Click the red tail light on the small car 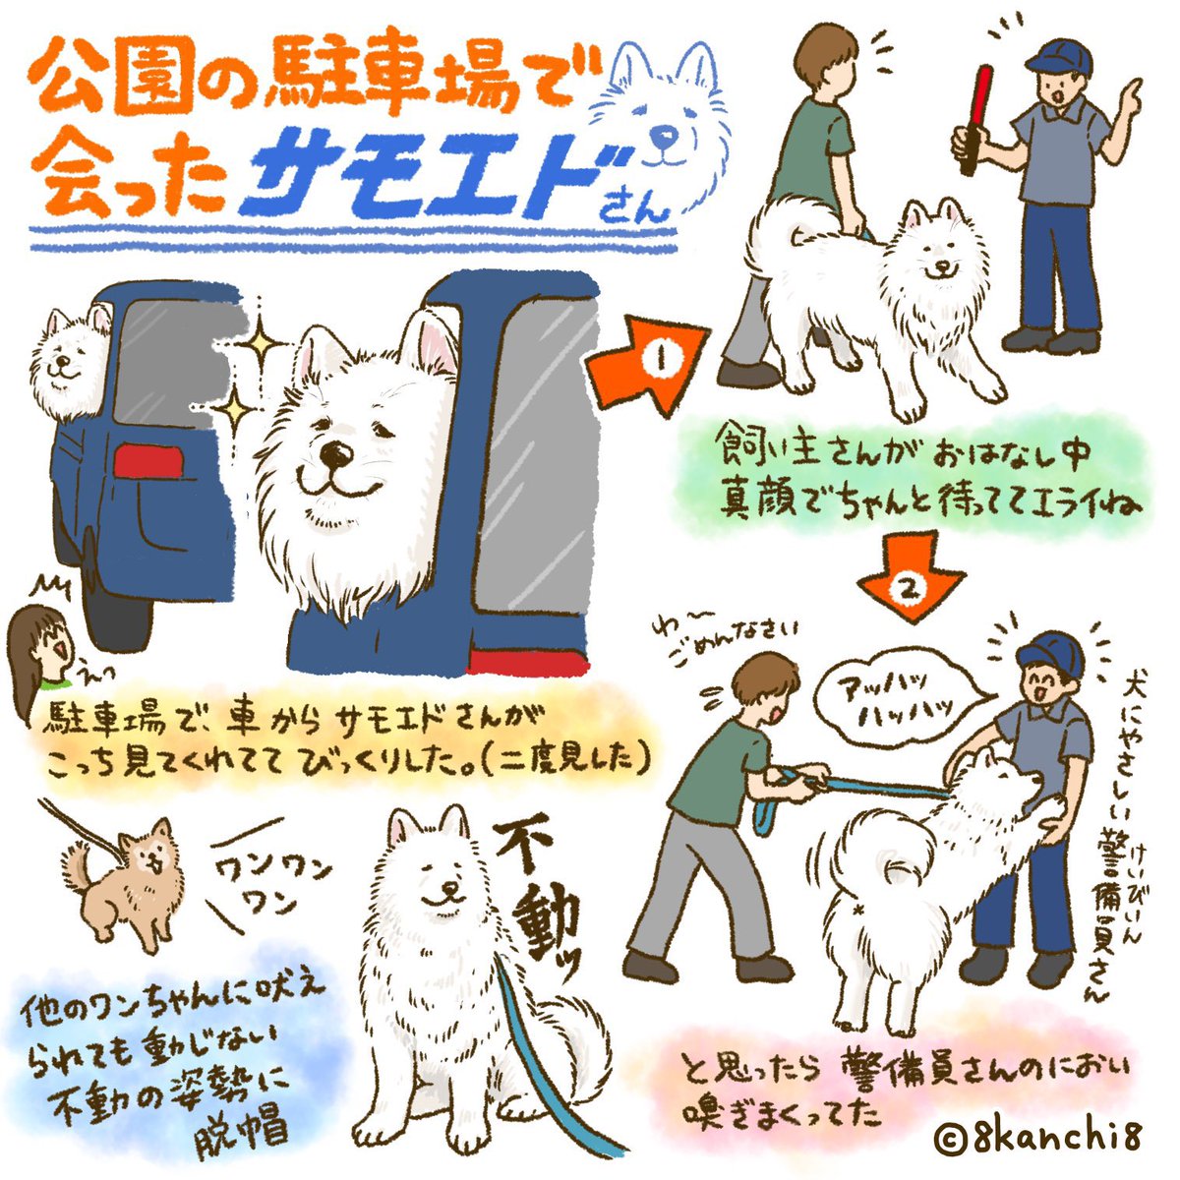(x=148, y=460)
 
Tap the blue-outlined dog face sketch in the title (x=662, y=116)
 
